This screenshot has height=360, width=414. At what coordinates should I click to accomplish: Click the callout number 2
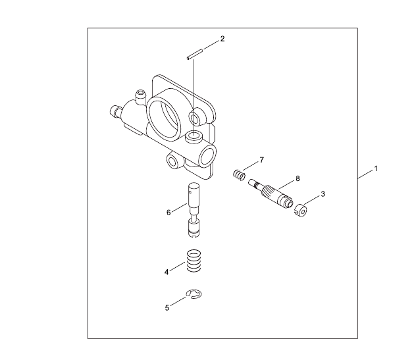(x=222, y=39)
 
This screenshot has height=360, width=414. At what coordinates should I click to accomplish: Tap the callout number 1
(x=376, y=168)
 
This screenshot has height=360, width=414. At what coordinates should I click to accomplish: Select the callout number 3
(x=323, y=194)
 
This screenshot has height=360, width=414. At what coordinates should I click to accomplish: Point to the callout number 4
(x=167, y=272)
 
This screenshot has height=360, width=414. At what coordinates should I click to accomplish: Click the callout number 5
(x=167, y=308)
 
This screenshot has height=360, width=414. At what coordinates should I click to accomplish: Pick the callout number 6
(x=168, y=213)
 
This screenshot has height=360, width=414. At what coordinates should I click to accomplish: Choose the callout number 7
(x=262, y=160)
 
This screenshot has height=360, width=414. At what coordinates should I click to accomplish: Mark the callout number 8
(x=298, y=178)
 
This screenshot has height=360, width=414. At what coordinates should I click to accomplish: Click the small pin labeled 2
(x=195, y=53)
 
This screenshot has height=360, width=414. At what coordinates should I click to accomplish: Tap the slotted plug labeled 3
(x=300, y=211)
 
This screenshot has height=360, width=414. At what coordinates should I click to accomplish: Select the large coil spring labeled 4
(x=194, y=261)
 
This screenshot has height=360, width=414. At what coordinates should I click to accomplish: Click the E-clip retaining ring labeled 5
(x=194, y=294)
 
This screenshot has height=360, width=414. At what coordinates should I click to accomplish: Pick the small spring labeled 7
(x=239, y=174)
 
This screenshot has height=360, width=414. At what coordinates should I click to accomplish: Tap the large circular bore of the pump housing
(x=163, y=119)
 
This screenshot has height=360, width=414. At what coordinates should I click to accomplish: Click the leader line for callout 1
(x=366, y=174)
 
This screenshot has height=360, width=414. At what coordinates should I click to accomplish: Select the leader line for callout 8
(x=286, y=185)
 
